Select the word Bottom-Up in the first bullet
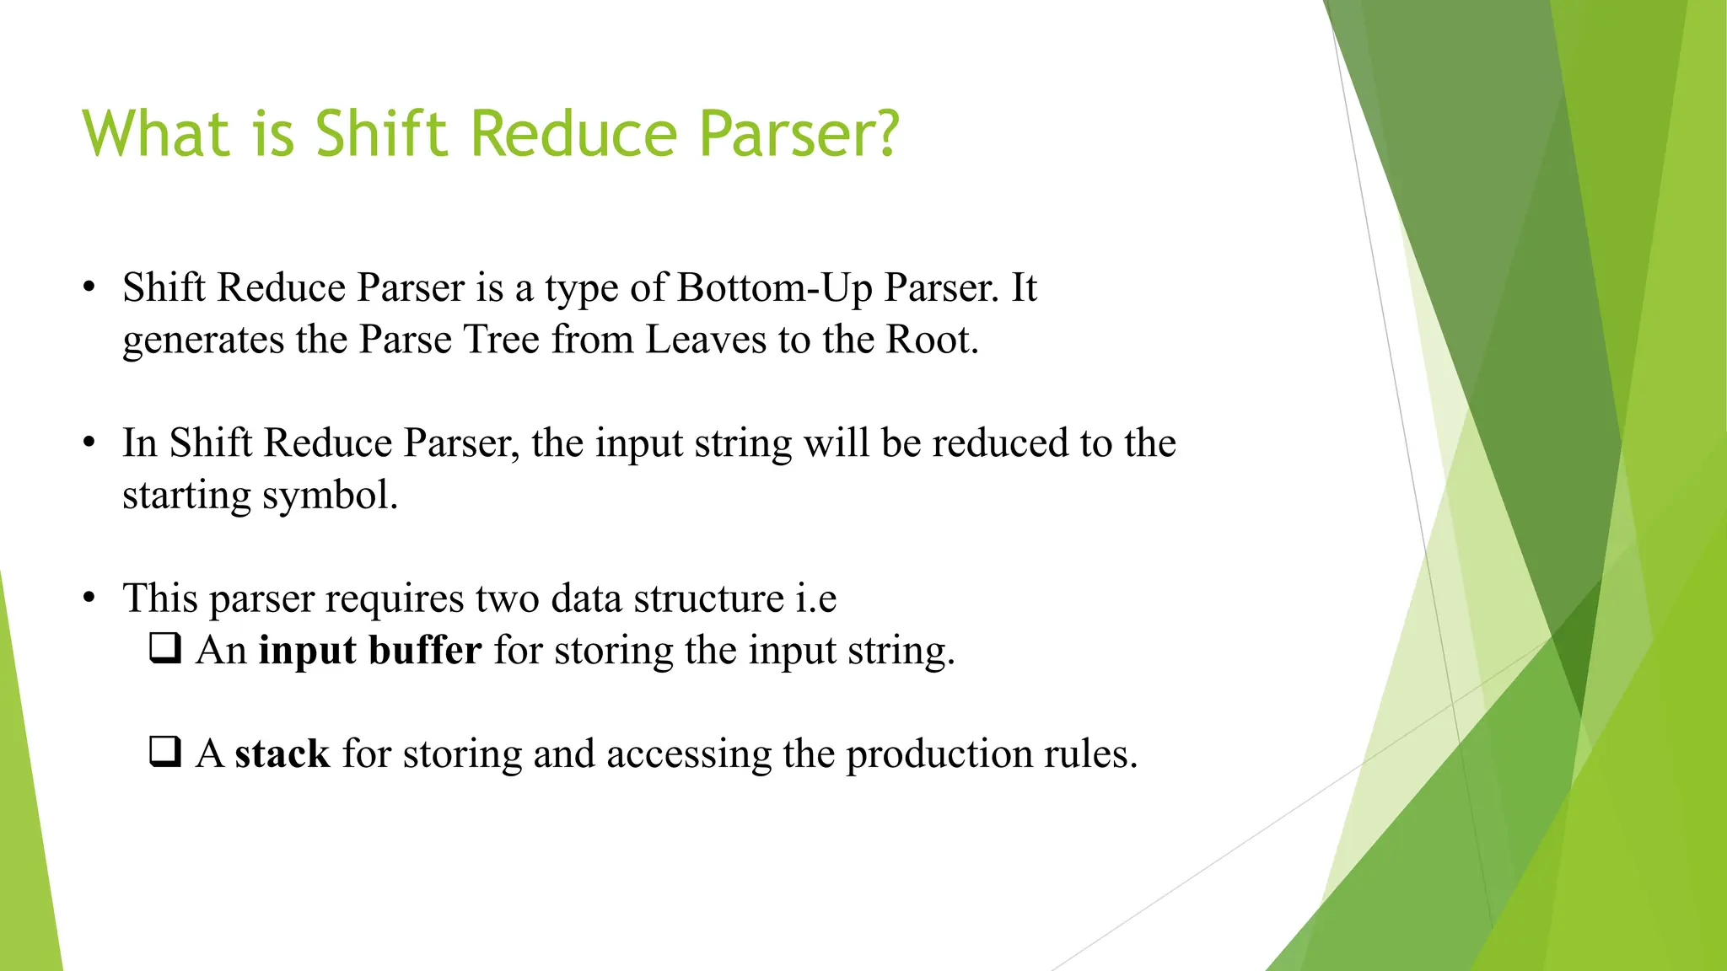[x=774, y=288]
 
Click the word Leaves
[x=705, y=341]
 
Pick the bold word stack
[x=282, y=754]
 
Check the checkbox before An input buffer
[x=165, y=648]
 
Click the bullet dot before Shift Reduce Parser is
[x=89, y=288]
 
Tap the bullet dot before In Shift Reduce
[x=89, y=443]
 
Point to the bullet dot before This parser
[x=89, y=598]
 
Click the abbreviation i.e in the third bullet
[x=815, y=599]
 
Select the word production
[x=939, y=754]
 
